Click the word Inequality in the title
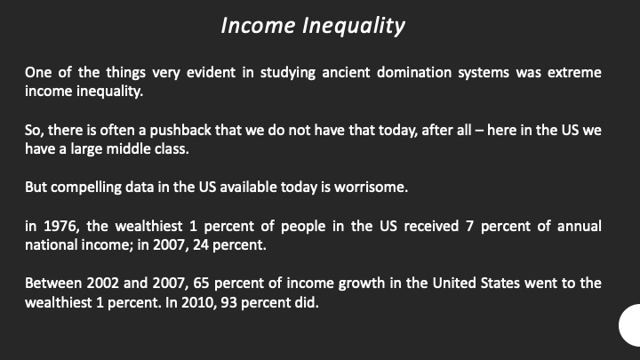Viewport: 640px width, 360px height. coord(354,26)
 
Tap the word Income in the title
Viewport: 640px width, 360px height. coord(258,25)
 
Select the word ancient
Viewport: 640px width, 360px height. coord(346,72)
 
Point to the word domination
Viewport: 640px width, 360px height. coord(414,72)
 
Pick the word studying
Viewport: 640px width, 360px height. coord(288,74)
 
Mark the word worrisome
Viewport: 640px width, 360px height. coord(371,187)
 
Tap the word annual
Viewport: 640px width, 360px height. coord(580,226)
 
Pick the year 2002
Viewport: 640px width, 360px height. coord(102,283)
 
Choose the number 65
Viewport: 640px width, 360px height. coord(201,283)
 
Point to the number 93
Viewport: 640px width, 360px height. coord(228,303)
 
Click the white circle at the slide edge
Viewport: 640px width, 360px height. coord(630,325)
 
